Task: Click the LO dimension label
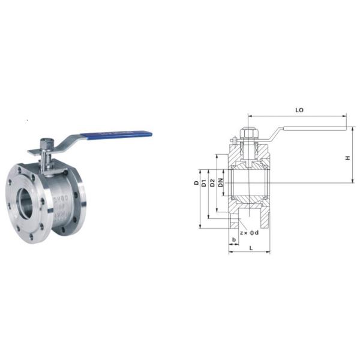click(x=299, y=110)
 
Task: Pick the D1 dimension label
click(x=205, y=182)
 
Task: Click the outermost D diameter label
click(x=196, y=182)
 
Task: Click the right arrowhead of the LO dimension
click(x=346, y=116)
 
